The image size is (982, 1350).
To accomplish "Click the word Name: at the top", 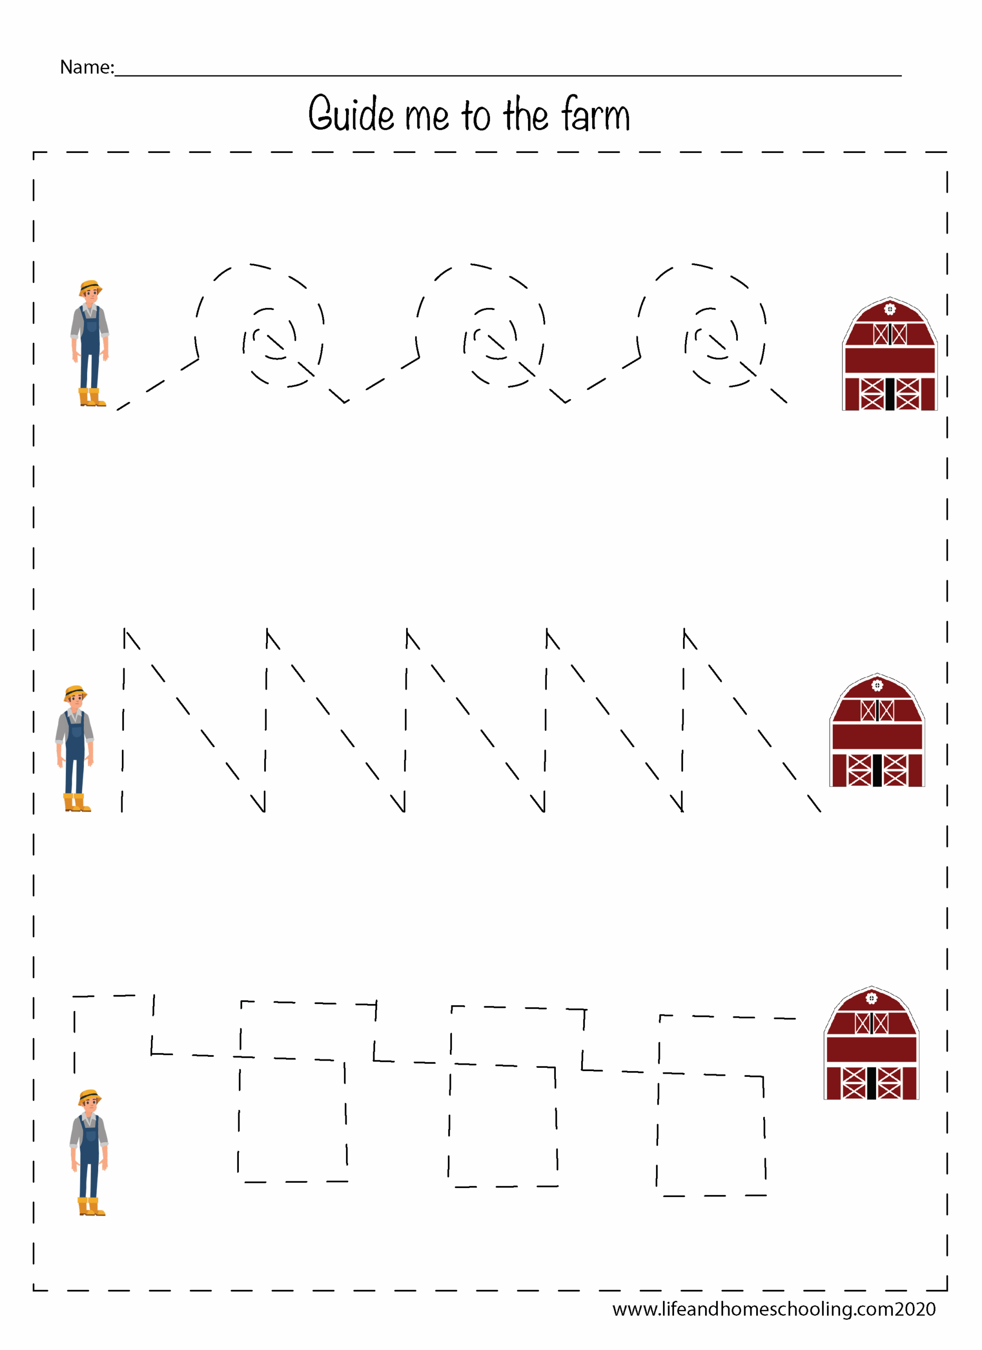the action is pos(87,67).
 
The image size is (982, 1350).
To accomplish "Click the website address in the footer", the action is pos(774,1309).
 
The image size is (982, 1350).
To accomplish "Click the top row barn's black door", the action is pos(890,394).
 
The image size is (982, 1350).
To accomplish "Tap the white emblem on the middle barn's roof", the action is pos(877,686).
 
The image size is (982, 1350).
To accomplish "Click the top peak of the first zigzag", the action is pos(125,629).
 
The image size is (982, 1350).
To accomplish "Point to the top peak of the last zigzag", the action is pos(685,629).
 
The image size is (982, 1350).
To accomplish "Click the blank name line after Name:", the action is pos(508,75).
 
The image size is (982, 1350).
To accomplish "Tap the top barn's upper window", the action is pos(890,334).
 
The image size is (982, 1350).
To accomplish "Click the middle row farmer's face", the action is pos(75,700).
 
